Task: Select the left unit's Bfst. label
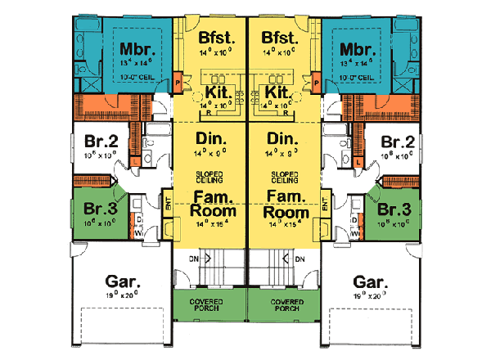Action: [215, 38]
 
